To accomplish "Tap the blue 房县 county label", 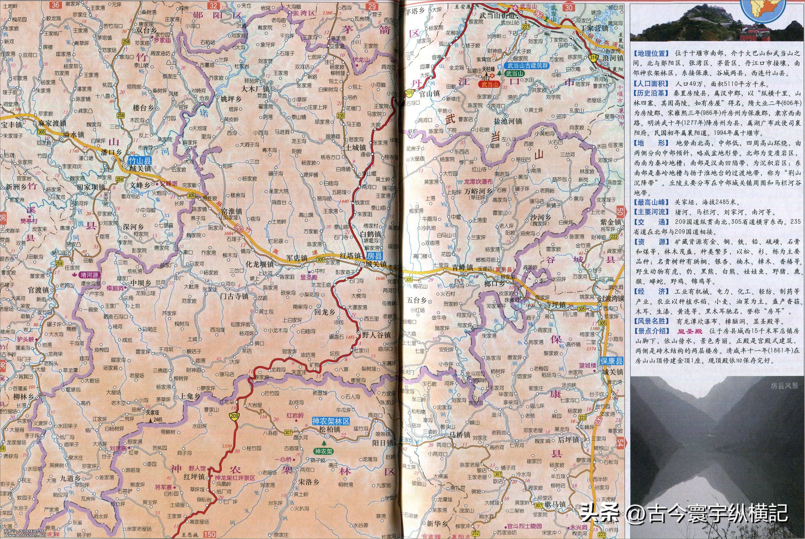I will click(374, 256).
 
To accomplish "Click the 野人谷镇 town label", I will click(376, 335).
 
